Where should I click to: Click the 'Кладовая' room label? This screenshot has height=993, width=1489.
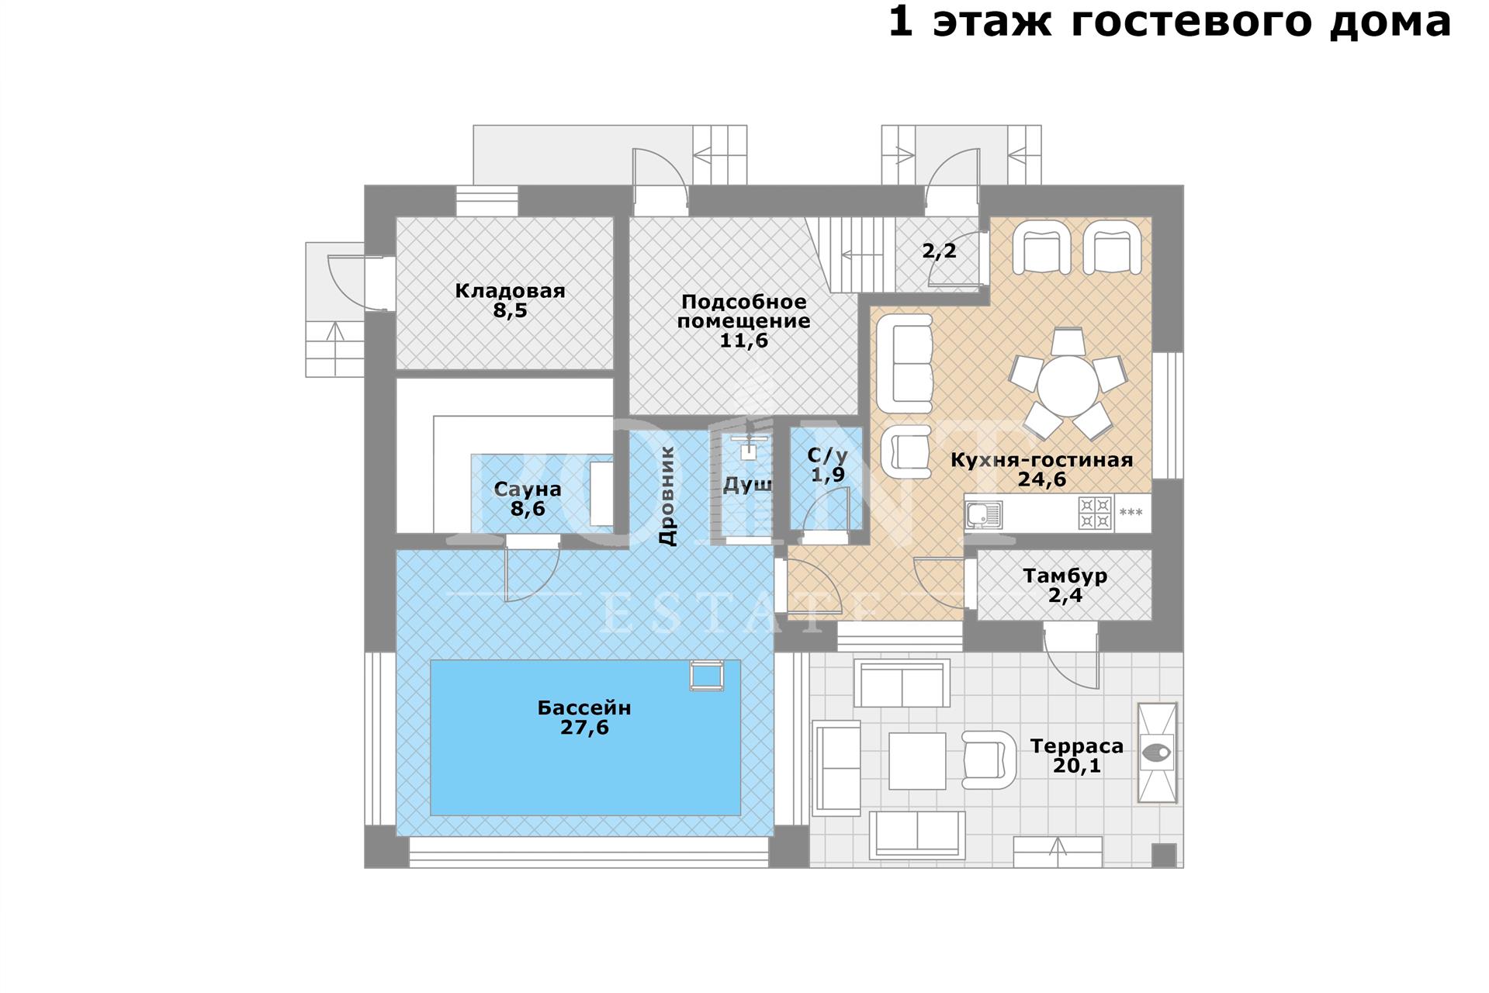[510, 291]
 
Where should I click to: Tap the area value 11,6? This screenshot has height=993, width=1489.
[743, 341]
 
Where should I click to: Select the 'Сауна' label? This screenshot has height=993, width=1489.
[528, 490]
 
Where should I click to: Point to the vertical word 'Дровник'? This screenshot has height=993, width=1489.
[667, 496]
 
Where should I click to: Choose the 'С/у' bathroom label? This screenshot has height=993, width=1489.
[827, 455]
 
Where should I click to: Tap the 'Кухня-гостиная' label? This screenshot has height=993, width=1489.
[1041, 460]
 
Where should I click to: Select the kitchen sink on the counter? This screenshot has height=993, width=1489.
[984, 514]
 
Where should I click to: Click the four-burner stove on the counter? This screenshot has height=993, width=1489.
[1095, 513]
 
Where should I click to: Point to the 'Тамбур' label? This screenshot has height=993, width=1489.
[1065, 576]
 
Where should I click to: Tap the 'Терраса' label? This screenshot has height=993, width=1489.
[1076, 746]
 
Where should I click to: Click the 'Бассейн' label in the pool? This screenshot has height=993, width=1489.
[584, 708]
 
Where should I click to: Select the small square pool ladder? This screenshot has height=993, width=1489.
[707, 675]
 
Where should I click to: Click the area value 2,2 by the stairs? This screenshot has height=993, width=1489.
[939, 251]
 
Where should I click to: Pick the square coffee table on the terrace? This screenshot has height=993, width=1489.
[917, 761]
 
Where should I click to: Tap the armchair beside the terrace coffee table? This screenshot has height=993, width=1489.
[989, 760]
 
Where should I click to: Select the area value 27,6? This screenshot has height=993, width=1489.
[584, 728]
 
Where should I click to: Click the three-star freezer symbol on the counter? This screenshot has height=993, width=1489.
[1131, 513]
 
